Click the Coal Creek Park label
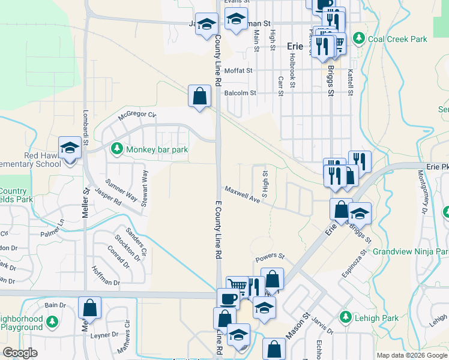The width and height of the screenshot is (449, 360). point(397,39)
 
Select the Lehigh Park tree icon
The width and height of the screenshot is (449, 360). point(345,316)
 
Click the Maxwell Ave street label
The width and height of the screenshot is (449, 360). point(242,194)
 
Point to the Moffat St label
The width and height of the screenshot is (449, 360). point(238,71)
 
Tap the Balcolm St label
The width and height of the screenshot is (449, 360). point(240,93)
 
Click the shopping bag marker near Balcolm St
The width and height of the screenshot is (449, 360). point(199,96)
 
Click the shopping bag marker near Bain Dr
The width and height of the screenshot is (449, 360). point(89,308)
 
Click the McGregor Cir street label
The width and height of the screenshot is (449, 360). point(137,115)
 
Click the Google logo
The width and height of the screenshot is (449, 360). point(20,353)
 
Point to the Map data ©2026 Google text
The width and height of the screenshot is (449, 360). point(411,355)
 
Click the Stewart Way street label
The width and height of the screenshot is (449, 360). point(145,188)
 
